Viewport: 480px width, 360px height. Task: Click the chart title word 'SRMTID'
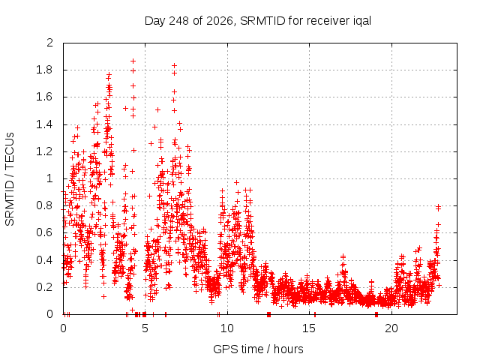pos(262,21)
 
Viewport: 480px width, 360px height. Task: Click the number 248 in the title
pos(179,21)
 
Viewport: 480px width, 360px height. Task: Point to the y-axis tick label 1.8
pos(44,70)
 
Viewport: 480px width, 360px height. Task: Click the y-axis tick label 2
pos(49,43)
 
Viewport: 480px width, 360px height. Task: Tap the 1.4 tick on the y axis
pos(44,124)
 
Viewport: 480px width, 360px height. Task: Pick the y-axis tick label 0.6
pos(44,232)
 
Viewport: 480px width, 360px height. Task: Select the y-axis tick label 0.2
pos(44,287)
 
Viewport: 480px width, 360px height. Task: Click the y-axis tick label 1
pos(49,178)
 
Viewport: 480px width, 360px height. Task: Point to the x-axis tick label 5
pos(145,328)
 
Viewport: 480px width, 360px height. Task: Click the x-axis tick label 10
pos(227,328)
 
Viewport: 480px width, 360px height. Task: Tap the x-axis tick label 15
pos(309,328)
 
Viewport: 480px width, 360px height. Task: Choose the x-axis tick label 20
pos(391,328)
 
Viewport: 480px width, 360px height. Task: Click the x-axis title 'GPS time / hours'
pos(258,349)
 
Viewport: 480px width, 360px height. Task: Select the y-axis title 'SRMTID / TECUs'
pos(10,179)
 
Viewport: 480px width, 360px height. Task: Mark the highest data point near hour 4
pos(133,61)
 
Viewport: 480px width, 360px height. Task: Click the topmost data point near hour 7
pos(174,65)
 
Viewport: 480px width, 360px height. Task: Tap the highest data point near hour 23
pos(438,207)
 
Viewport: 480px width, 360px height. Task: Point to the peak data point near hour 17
pos(343,256)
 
